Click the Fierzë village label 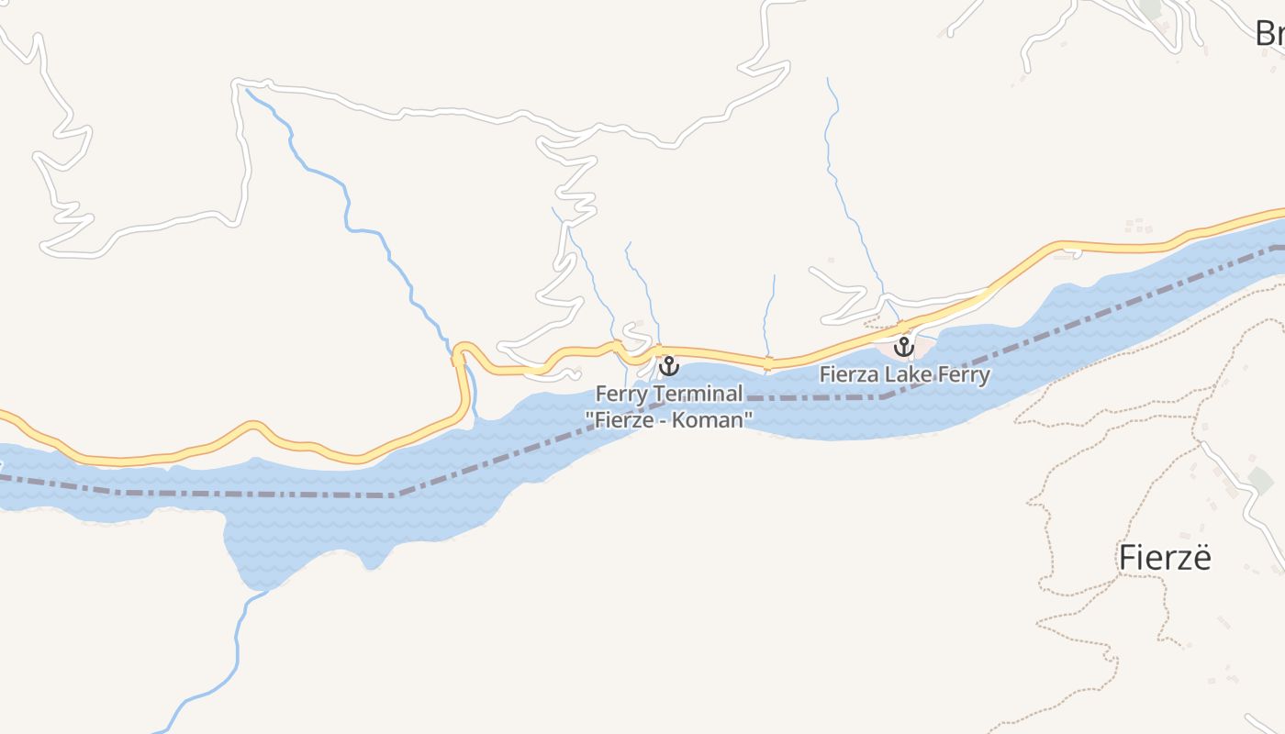pyautogui.click(x=1165, y=558)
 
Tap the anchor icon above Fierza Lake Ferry pyautogui.click(x=904, y=347)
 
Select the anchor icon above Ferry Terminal pyautogui.click(x=669, y=366)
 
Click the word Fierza pyautogui.click(x=851, y=374)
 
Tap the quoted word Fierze pyautogui.click(x=624, y=419)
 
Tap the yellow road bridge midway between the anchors pyautogui.click(x=767, y=362)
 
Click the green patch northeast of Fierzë pyautogui.click(x=1260, y=478)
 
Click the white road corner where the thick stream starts pyautogui.click(x=241, y=85)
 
